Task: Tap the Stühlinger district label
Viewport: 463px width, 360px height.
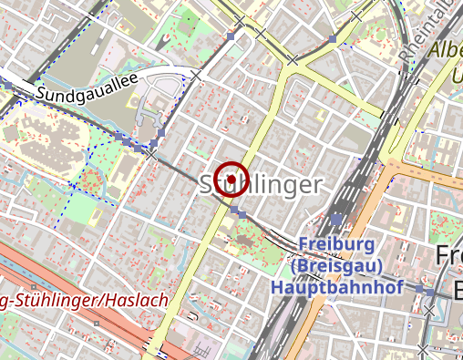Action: point(261,185)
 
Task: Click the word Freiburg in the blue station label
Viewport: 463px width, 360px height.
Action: point(336,245)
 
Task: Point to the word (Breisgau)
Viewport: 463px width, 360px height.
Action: point(336,266)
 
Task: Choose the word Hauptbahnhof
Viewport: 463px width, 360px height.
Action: point(336,286)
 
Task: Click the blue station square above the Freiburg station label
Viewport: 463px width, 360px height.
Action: point(337,220)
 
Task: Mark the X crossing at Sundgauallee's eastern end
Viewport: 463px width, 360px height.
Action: point(195,76)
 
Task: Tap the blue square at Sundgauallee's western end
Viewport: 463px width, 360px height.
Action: point(7,83)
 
